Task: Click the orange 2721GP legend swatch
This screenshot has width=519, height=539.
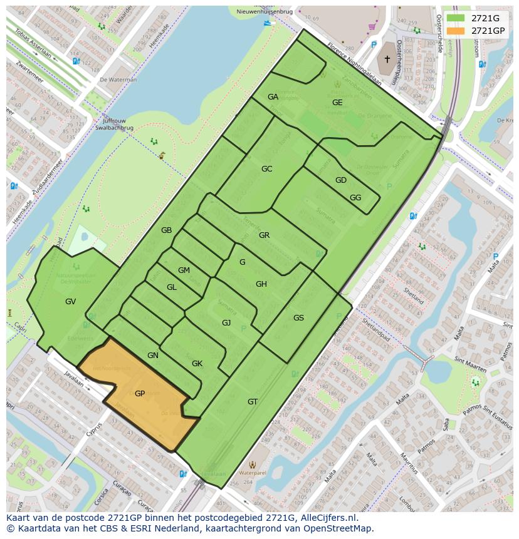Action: (x=456, y=31)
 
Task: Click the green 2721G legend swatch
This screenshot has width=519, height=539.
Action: (x=456, y=18)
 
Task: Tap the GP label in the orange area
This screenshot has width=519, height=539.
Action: (x=140, y=394)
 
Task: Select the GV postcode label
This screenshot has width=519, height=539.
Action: (x=70, y=302)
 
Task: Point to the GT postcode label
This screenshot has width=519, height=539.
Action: (x=253, y=402)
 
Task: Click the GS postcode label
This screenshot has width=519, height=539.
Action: (x=298, y=318)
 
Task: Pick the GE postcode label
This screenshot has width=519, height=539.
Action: (x=337, y=103)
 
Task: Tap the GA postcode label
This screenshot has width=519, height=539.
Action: (x=273, y=97)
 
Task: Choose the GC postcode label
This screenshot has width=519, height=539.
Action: (x=267, y=169)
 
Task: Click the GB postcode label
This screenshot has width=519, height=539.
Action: (x=166, y=230)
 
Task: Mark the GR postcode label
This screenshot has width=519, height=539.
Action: (x=264, y=235)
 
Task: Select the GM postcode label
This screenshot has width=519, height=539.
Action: (x=184, y=270)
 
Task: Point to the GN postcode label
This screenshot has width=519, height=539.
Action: (x=153, y=356)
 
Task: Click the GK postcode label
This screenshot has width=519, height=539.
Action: (x=197, y=364)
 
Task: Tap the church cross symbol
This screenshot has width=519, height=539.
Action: (x=387, y=59)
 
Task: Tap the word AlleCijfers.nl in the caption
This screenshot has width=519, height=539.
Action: (x=327, y=518)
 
